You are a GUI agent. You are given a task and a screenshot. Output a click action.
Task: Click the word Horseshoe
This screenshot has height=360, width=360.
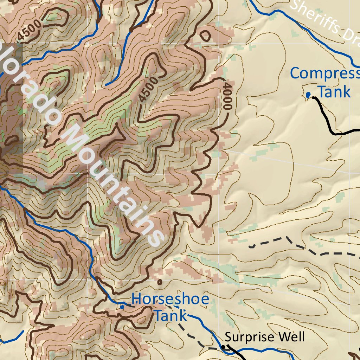[170, 300]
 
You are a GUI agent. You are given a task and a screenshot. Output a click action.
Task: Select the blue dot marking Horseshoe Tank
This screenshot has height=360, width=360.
[122, 307]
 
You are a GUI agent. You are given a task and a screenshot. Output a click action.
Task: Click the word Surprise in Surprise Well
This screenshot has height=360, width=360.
[250, 337]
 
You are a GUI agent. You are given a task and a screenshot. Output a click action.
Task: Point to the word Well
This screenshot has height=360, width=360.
[291, 337]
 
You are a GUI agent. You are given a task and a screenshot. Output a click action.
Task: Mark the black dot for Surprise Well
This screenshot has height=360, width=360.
[223, 347]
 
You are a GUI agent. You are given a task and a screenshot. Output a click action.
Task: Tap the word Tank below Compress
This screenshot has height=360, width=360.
[335, 92]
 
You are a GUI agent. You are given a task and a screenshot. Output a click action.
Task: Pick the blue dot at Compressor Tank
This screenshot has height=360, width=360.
[308, 95]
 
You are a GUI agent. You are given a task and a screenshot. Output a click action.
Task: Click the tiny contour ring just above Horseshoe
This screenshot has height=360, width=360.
[160, 282]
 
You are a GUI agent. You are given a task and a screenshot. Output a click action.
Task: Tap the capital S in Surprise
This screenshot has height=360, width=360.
[228, 337]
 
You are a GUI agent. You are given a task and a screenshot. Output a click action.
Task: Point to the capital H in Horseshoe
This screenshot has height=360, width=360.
[137, 300]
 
